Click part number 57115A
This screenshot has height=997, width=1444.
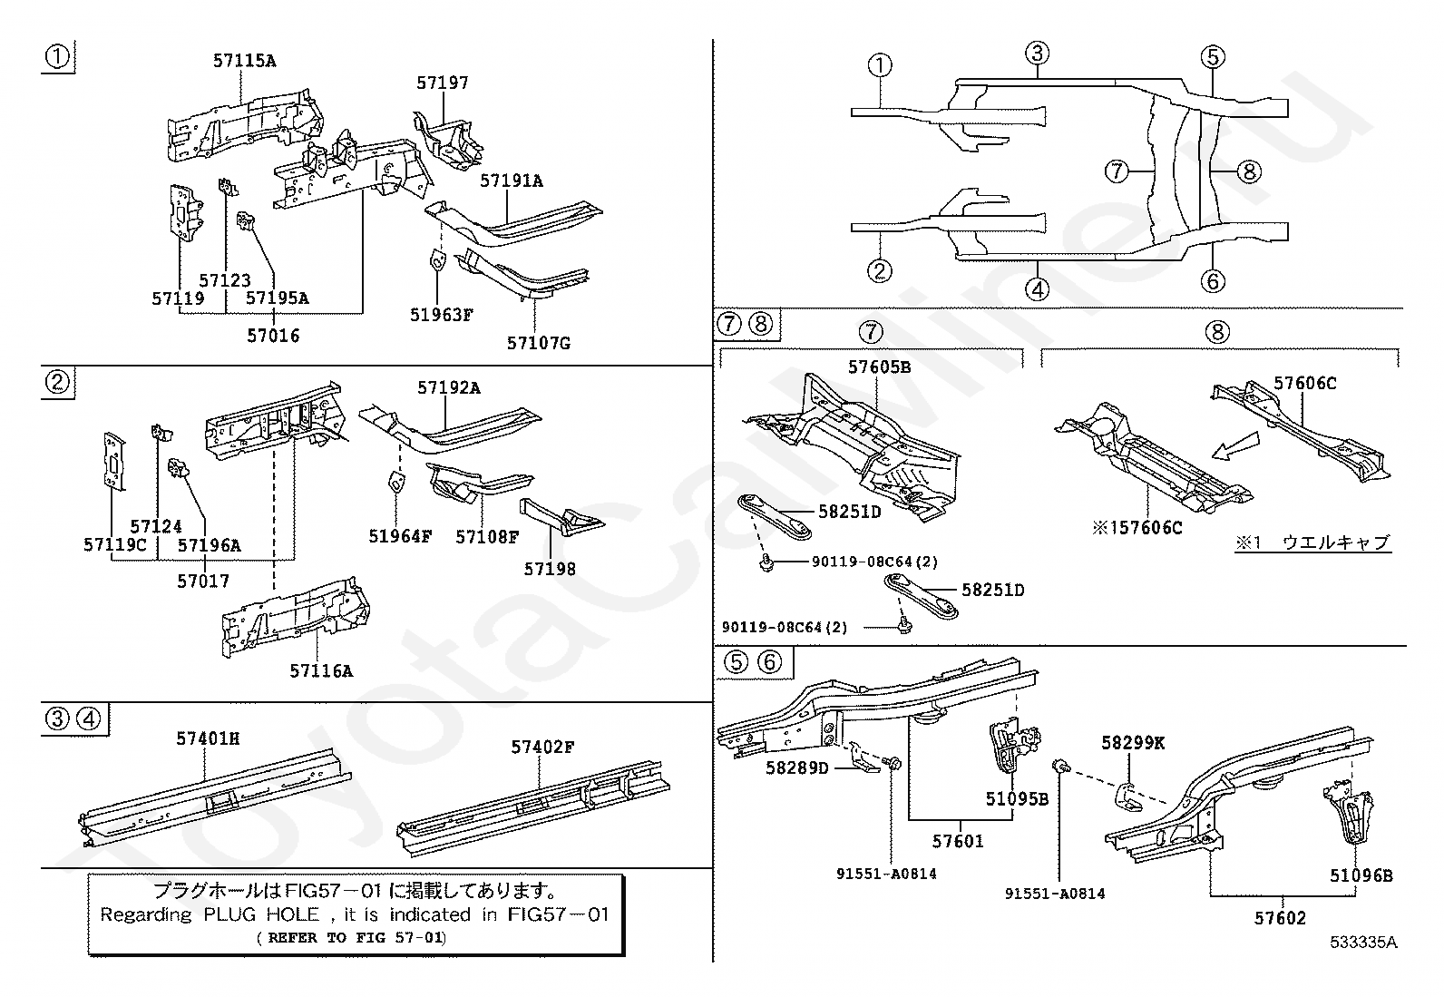[244, 62]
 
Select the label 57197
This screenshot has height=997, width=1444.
[443, 83]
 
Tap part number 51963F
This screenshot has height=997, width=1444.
[441, 315]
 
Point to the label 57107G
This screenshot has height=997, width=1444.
[538, 343]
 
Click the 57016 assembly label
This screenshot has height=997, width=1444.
[273, 336]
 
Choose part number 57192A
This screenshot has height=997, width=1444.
[449, 388]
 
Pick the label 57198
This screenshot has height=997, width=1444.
[549, 569]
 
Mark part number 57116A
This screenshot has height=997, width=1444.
[320, 671]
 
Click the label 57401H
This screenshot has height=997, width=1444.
[208, 739]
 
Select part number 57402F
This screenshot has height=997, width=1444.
[542, 747]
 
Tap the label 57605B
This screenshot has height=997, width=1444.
[879, 367]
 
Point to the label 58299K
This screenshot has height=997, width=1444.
[1133, 743]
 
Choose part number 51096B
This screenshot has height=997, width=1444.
[1361, 875]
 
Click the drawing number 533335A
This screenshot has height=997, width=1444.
[1363, 943]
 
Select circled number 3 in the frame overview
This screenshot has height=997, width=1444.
[1039, 54]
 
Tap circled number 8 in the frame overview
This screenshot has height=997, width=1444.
[1249, 171]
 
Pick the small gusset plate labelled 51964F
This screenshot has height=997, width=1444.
[395, 481]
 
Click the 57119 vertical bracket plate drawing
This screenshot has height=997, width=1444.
[186, 214]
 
